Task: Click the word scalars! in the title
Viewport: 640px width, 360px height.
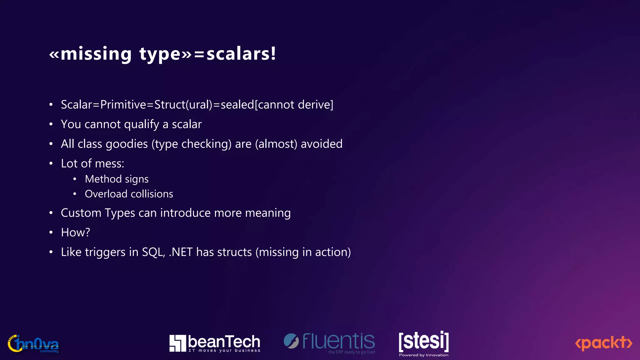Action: (x=241, y=54)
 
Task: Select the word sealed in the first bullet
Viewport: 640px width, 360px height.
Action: (x=237, y=105)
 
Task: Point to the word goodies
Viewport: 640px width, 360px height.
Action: (x=127, y=144)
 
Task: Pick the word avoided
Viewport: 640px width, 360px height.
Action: (x=322, y=144)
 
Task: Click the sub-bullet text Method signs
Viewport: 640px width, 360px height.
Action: (x=117, y=179)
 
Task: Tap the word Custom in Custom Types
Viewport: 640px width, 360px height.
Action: (x=81, y=213)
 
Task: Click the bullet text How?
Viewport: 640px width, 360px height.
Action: (x=75, y=232)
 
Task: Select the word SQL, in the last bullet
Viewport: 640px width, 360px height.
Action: (x=153, y=252)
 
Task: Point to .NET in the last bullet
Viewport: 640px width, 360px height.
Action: (x=181, y=252)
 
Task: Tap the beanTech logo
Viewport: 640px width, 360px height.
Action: (x=215, y=343)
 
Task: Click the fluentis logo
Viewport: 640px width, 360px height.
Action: (x=329, y=342)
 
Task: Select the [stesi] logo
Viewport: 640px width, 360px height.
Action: (x=423, y=341)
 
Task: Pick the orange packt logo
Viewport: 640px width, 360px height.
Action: (x=603, y=343)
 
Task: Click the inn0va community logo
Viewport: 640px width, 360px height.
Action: (x=33, y=344)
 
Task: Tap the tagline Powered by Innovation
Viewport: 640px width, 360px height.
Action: (x=423, y=355)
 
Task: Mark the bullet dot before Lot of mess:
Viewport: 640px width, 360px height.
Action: (x=51, y=164)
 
